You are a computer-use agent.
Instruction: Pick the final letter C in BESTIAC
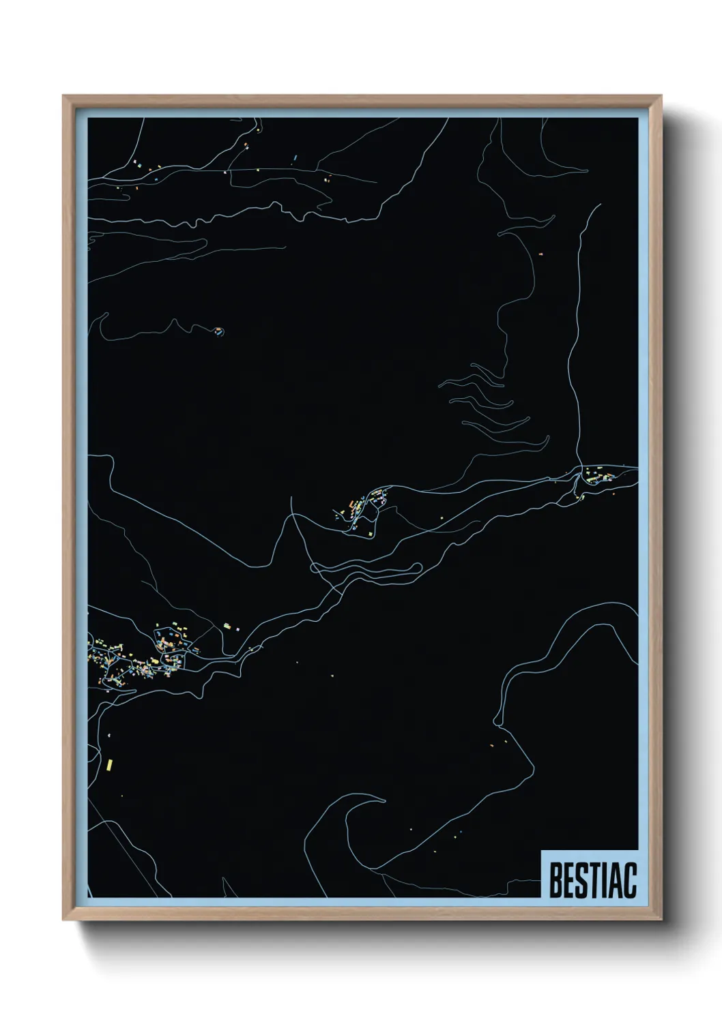tap(629, 882)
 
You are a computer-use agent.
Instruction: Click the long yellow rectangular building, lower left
tap(109, 766)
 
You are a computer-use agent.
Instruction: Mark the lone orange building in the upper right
tap(540, 254)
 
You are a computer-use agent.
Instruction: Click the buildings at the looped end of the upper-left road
tap(218, 331)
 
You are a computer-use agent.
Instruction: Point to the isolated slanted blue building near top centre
tap(295, 158)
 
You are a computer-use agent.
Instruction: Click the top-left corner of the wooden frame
tap(64, 97)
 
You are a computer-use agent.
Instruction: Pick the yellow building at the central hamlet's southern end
tap(371, 533)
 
